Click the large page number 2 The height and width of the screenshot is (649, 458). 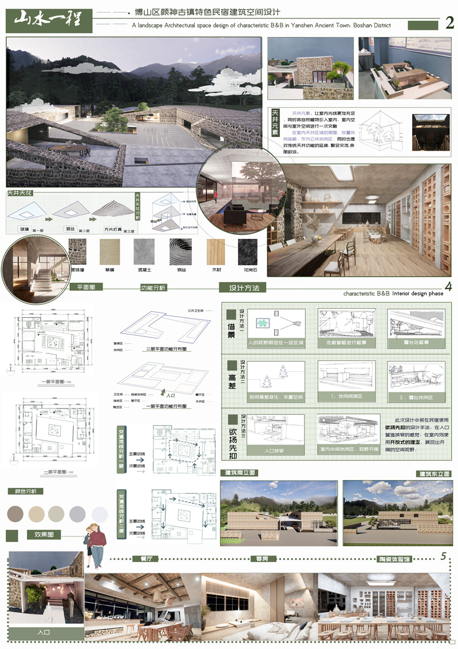[x=449, y=23]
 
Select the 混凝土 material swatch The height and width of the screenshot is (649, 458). [x=143, y=251]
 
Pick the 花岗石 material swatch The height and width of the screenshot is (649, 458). [x=248, y=251]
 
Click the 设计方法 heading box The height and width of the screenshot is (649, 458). [x=244, y=288]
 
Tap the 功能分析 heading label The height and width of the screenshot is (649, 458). [x=153, y=288]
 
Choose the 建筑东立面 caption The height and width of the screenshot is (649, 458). [x=433, y=474]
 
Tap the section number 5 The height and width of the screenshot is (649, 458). [x=444, y=556]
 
